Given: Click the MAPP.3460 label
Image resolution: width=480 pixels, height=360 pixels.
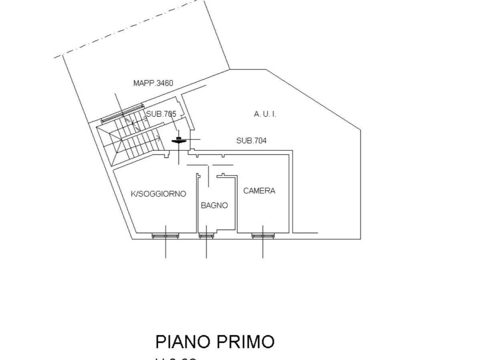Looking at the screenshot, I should pyautogui.click(x=153, y=83).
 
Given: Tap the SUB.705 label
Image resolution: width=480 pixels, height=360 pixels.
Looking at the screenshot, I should pyautogui.click(x=161, y=114).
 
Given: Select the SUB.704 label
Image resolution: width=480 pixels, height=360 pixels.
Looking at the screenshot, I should pyautogui.click(x=251, y=141).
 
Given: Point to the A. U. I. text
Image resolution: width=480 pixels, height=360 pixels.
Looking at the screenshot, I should pyautogui.click(x=265, y=114).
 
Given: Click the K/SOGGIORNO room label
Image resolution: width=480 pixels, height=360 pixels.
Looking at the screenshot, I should pyautogui.click(x=158, y=194).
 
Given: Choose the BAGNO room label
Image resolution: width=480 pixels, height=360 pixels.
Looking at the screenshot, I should pyautogui.click(x=214, y=205).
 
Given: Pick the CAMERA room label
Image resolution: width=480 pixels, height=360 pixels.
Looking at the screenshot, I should pyautogui.click(x=259, y=190).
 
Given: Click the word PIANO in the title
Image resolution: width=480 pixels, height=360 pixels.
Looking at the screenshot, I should pyautogui.click(x=182, y=342).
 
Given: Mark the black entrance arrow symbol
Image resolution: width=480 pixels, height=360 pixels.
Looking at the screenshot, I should pyautogui.click(x=178, y=141).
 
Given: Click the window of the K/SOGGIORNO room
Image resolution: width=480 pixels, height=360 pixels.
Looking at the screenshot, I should pyautogui.click(x=165, y=235).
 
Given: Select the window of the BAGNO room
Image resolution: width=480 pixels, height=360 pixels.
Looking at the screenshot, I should pyautogui.click(x=207, y=235).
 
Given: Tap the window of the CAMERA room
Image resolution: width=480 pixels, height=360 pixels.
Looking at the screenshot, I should pyautogui.click(x=263, y=235).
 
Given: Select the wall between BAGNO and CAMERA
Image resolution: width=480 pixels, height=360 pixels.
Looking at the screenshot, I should pyautogui.click(x=236, y=204).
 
